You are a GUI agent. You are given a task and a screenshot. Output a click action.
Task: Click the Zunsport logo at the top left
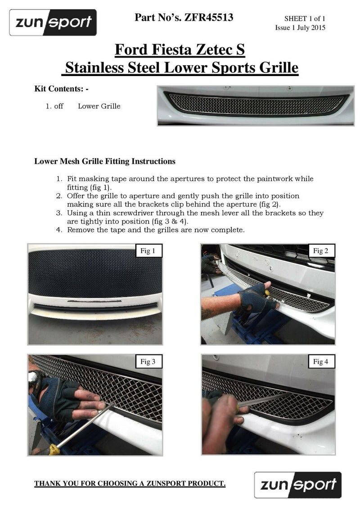click(x=53, y=22)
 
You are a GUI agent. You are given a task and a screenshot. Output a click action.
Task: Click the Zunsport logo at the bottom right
click(x=297, y=484)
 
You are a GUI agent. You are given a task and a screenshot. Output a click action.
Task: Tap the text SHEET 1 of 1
click(x=304, y=18)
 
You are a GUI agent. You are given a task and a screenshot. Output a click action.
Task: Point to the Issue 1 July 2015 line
click(x=300, y=28)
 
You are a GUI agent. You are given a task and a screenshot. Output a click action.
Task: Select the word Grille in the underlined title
click(x=276, y=68)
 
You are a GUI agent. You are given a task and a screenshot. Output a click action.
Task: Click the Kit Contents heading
click(x=61, y=89)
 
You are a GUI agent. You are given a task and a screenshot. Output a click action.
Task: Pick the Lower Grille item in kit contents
click(x=99, y=107)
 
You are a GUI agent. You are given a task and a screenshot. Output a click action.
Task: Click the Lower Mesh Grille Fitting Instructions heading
click(x=105, y=161)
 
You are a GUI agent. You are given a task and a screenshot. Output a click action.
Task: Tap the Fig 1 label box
click(x=148, y=251)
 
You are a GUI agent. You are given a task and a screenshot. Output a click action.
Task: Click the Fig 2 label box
click(x=321, y=251)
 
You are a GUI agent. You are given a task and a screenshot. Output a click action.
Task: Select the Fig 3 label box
click(x=148, y=362)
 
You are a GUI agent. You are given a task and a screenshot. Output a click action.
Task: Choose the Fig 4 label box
click(x=321, y=362)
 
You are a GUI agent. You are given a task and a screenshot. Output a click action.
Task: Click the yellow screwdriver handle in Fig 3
click(x=54, y=449)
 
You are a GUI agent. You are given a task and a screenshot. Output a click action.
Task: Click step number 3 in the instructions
click(x=59, y=213)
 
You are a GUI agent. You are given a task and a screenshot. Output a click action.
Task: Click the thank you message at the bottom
click(x=130, y=484)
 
